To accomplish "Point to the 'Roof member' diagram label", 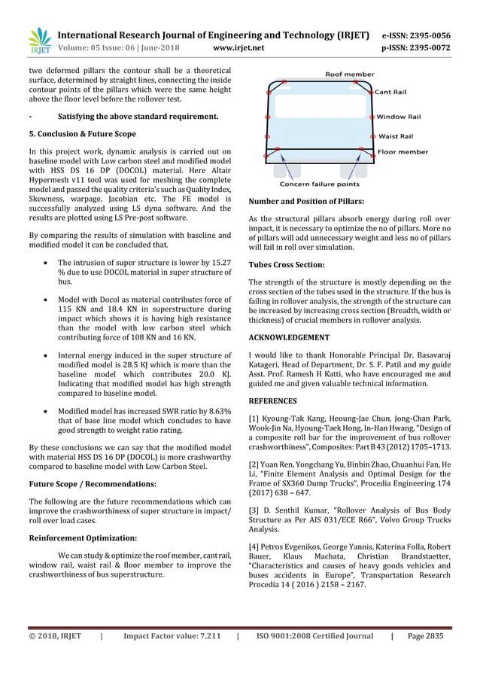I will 349,74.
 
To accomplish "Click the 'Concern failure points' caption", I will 319,184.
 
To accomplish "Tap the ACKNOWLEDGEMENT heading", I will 289,337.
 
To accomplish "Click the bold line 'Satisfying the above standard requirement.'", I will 138,117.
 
